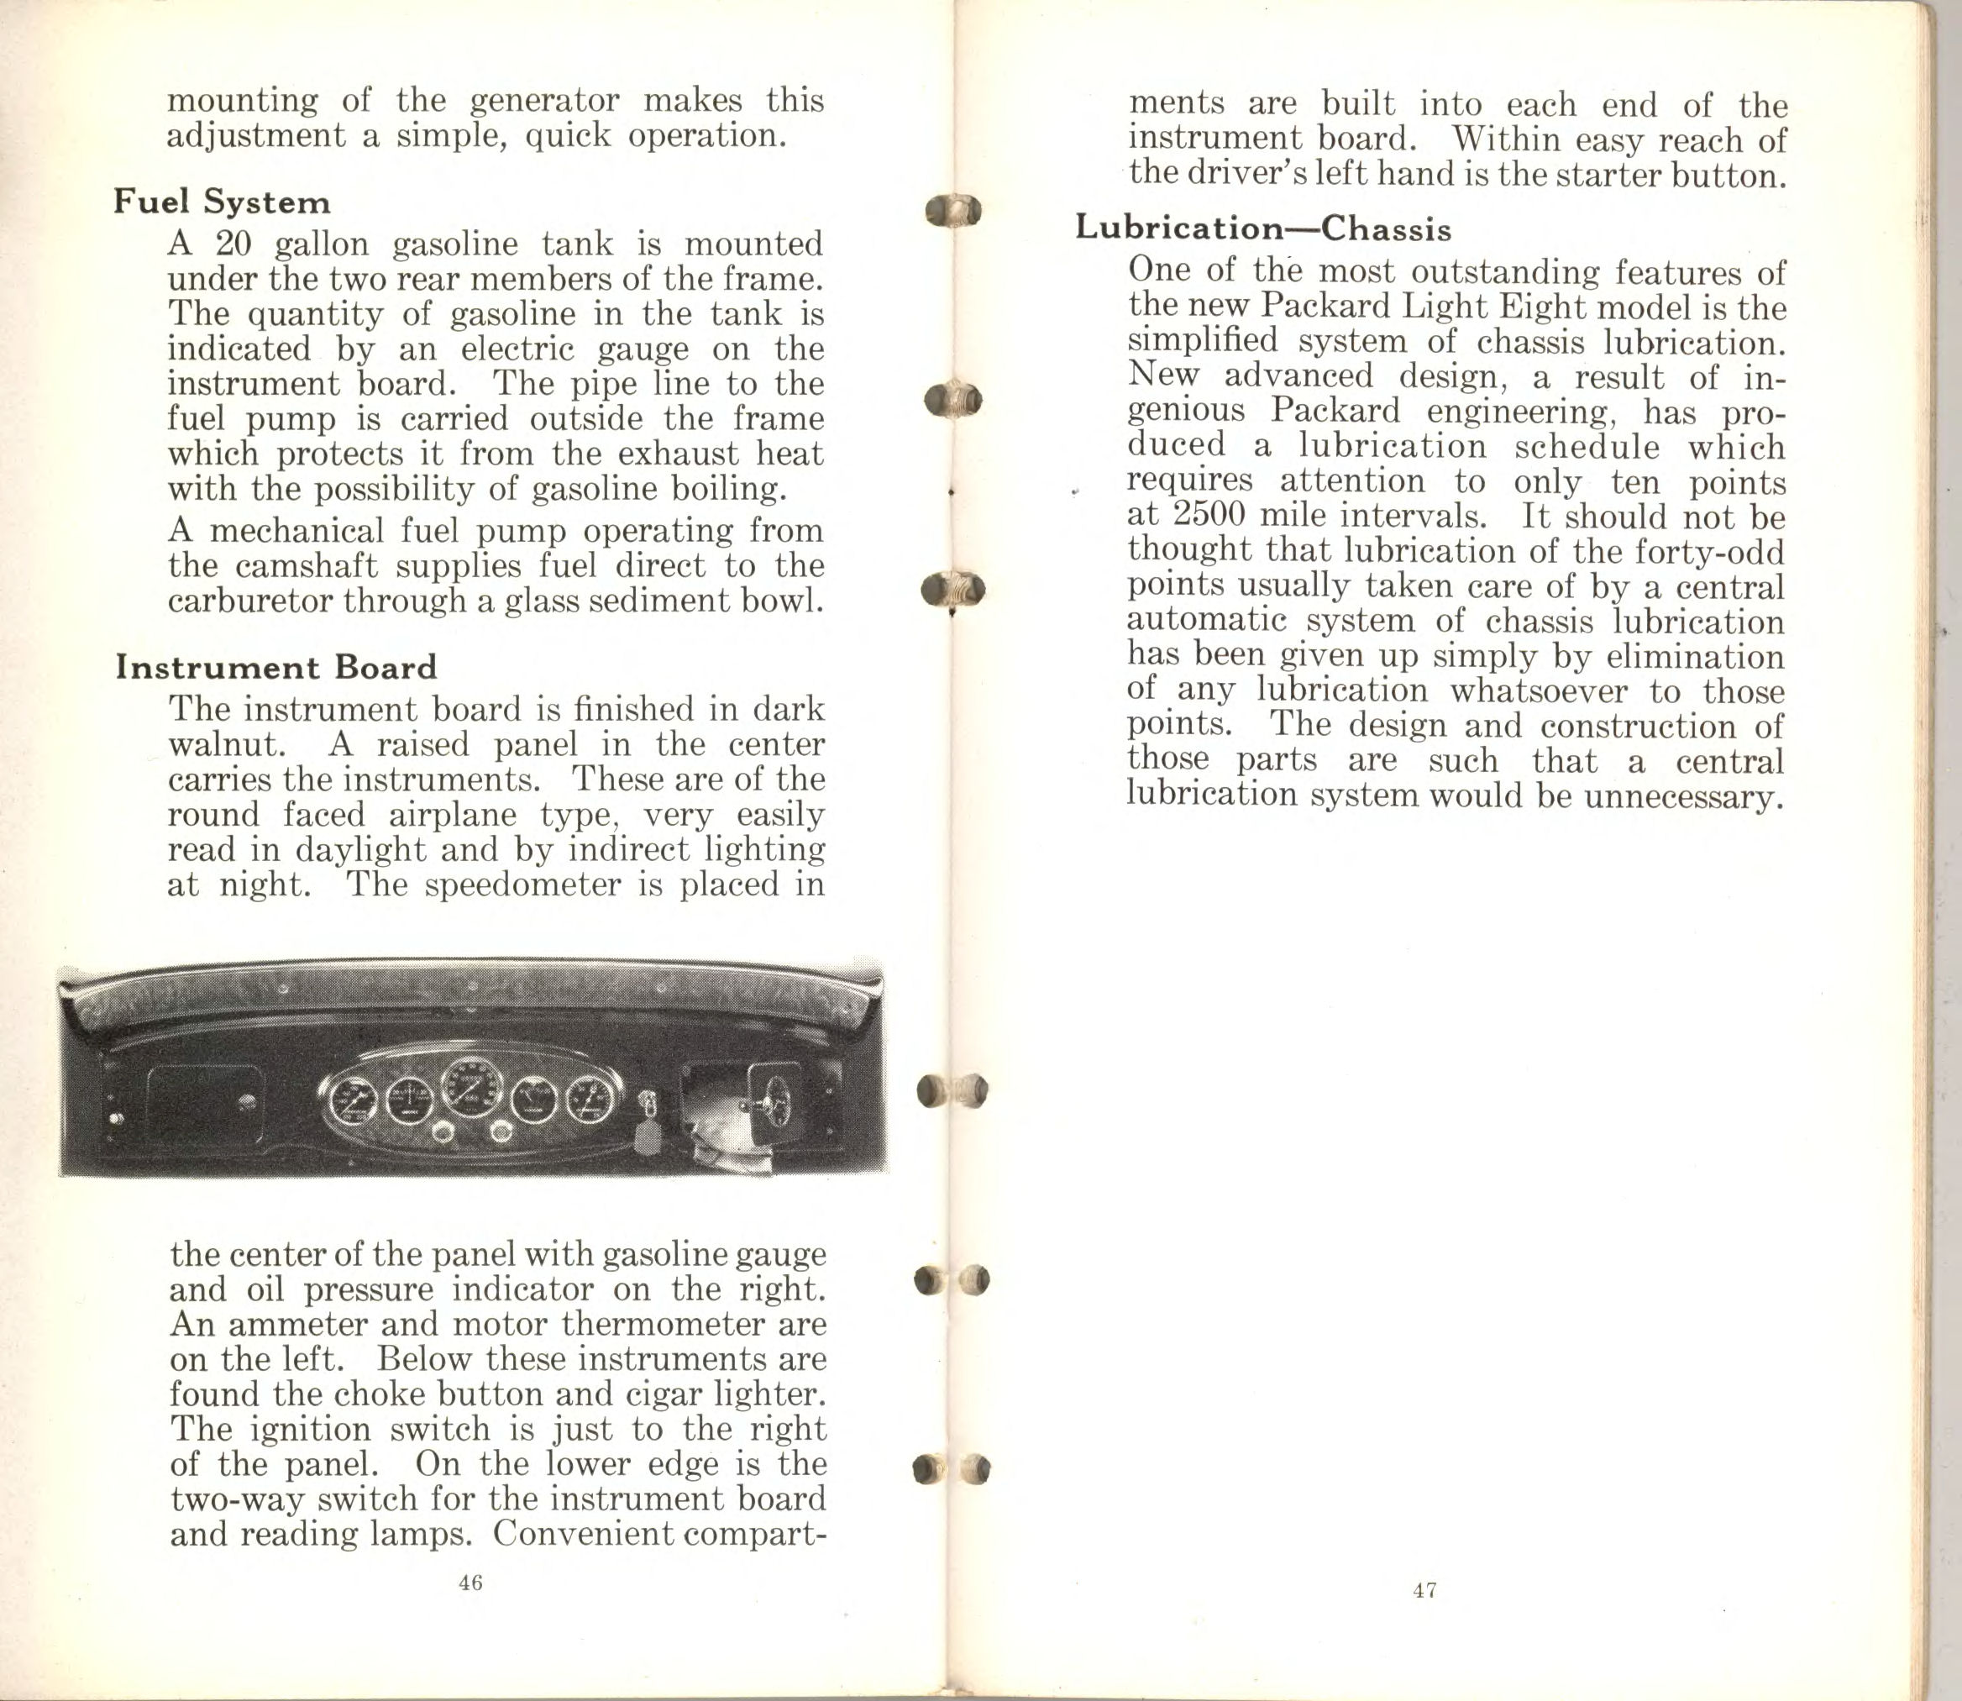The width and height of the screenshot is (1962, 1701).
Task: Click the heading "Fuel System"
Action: click(222, 202)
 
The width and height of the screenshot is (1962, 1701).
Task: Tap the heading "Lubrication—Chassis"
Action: click(1263, 228)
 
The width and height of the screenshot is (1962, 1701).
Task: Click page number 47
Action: click(1424, 1590)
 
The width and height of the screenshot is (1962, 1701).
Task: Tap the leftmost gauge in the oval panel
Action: click(352, 1100)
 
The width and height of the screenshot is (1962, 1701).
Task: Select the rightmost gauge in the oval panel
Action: click(590, 1100)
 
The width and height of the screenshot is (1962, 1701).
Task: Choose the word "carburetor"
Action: click(249, 601)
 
